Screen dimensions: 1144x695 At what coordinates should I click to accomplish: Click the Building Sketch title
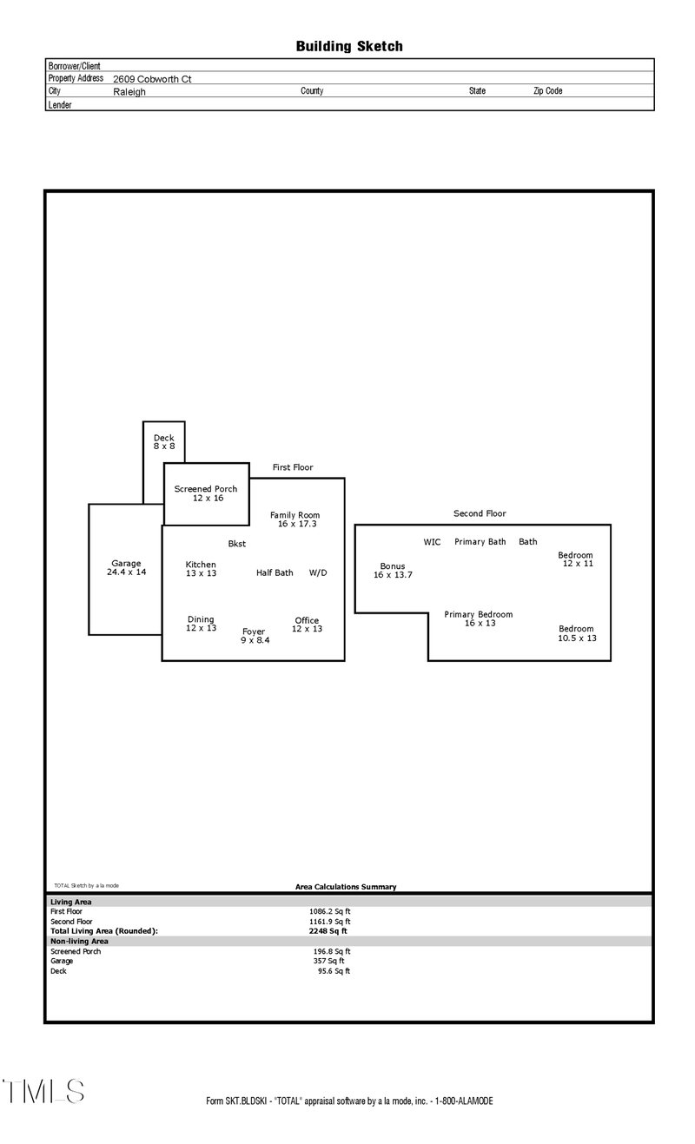coord(349,46)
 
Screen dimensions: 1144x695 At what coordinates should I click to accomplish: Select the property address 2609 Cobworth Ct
coord(152,78)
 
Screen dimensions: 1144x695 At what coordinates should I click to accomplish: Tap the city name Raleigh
coord(129,91)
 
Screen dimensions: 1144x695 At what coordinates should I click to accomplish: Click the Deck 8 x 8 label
coord(164,442)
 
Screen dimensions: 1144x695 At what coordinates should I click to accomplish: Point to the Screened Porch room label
coord(206,493)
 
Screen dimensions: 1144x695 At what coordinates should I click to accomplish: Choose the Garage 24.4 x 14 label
coord(127,568)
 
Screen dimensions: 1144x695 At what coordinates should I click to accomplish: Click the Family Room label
coord(295,519)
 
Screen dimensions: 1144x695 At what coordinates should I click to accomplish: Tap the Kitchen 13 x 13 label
coord(201,569)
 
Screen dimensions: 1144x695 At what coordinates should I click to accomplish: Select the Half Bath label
coord(275,573)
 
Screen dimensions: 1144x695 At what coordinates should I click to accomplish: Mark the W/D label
coord(318,573)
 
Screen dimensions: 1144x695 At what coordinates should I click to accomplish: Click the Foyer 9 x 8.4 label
coord(254,636)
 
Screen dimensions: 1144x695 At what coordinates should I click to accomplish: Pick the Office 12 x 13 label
coord(307,625)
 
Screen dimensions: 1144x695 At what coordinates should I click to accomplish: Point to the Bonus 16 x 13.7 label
coord(393,571)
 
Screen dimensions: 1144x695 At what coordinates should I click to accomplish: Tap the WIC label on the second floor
coord(432,542)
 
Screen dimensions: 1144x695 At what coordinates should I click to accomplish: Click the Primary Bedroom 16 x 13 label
coord(479,618)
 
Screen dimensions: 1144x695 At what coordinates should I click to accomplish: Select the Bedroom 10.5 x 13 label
coord(577,633)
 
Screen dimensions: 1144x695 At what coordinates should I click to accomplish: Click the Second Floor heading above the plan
coord(480,513)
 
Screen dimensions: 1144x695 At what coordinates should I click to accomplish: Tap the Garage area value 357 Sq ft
coord(328,961)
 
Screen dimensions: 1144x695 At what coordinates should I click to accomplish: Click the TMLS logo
coord(43,1091)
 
